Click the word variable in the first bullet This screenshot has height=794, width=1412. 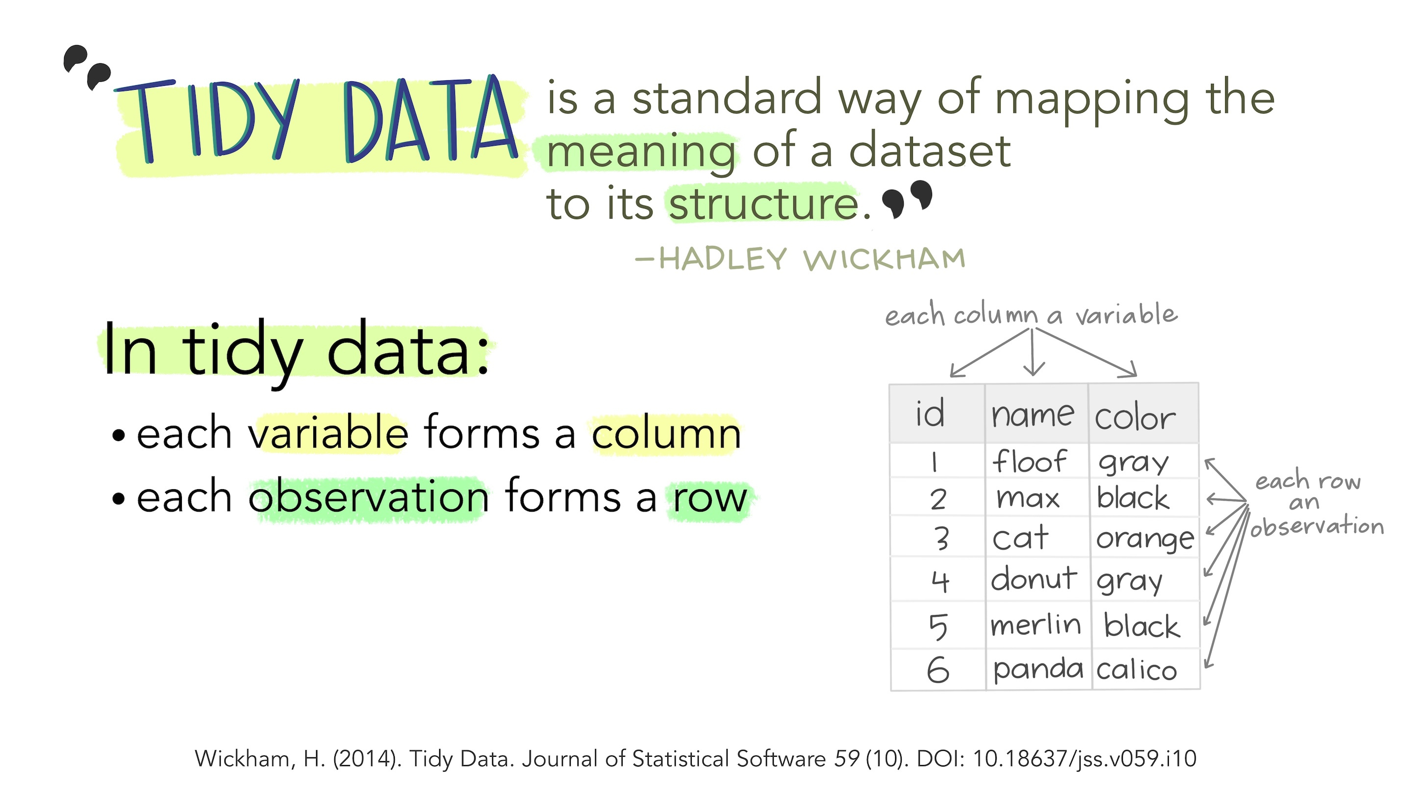point(328,433)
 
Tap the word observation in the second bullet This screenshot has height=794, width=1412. point(368,496)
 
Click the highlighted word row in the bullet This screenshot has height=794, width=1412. point(710,498)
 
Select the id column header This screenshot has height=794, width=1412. point(930,413)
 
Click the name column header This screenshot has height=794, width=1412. point(1033,415)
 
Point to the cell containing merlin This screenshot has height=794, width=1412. point(1035,625)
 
